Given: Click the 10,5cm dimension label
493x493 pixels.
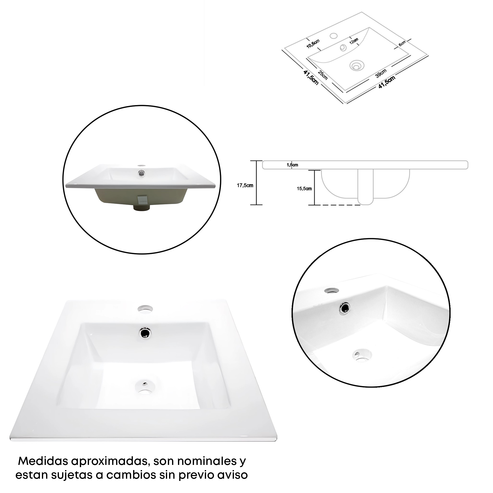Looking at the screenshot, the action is pos(313,44).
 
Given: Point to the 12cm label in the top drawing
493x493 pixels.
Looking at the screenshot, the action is pos(354,41).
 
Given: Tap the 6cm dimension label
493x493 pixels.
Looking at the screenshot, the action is pos(402,43).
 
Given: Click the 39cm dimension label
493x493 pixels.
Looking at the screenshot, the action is pos(381,73).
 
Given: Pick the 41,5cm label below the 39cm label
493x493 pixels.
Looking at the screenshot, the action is pos(387,82).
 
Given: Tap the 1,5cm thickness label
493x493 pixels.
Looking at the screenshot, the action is pos(292,165).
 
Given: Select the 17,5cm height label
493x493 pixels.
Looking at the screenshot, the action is pos(245,186).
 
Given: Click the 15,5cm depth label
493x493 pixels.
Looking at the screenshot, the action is pos(304,189).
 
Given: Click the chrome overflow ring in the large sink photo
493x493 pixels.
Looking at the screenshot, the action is pos(145,333).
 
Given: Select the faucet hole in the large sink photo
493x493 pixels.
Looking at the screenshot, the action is pos(145,309).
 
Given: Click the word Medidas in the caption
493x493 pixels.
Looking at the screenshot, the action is pos(43,461).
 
